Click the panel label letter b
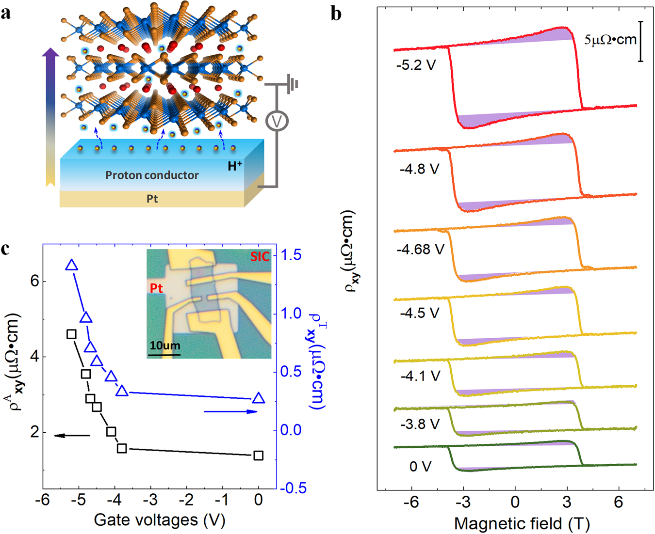point(336,14)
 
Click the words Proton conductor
point(152,175)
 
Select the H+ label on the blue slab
point(235,166)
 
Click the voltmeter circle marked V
point(277,122)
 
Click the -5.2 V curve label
point(416,65)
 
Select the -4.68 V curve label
point(420,249)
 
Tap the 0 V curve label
point(420,467)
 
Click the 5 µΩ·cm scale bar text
point(610,40)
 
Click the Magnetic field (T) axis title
point(522,523)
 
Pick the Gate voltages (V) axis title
point(160,520)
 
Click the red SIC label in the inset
point(260,257)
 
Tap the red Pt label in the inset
point(156,288)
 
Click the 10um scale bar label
point(164,346)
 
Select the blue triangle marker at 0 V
point(259,398)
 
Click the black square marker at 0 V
point(259,455)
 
